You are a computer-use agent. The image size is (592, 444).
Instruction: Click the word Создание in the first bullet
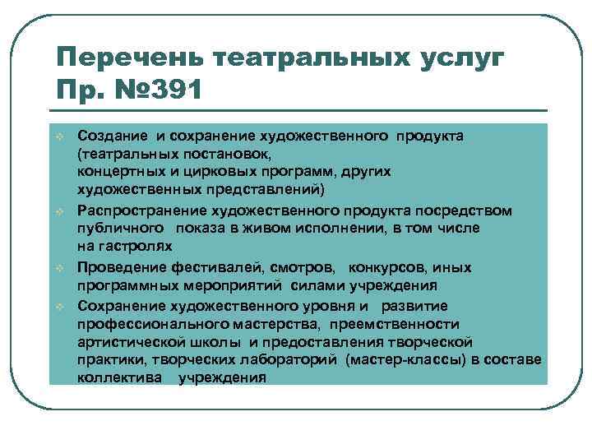point(109,134)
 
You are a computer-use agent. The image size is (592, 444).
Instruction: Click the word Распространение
point(138,210)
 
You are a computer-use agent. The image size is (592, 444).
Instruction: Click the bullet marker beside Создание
point(60,135)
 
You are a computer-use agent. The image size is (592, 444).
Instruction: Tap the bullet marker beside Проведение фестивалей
point(60,268)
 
